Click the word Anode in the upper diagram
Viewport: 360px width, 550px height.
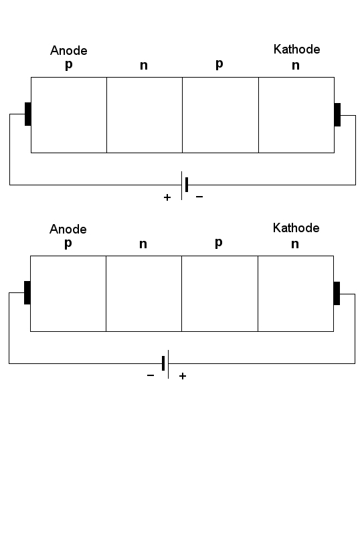click(69, 50)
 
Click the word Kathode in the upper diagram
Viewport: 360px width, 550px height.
click(297, 49)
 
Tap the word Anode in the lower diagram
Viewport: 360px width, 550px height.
click(68, 229)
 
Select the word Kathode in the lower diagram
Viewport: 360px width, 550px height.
click(296, 227)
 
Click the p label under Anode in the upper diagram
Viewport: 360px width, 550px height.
click(69, 65)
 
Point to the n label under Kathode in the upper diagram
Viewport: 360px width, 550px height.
click(296, 66)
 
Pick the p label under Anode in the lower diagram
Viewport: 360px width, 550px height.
click(68, 244)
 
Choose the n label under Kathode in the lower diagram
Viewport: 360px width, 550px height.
click(295, 244)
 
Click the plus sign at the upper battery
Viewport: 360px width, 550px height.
click(167, 197)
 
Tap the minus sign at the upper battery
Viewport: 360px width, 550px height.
click(199, 197)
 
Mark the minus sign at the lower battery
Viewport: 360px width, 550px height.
click(151, 375)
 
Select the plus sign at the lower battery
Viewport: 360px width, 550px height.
click(183, 376)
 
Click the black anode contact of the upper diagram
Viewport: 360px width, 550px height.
click(27, 114)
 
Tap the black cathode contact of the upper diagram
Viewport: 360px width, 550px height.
click(337, 114)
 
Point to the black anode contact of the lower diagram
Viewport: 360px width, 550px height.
click(27, 292)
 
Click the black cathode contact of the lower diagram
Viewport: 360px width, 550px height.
click(337, 293)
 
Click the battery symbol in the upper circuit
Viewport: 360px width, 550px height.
click(184, 185)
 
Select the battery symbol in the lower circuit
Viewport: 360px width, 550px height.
click(165, 364)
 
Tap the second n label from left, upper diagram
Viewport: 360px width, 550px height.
click(144, 66)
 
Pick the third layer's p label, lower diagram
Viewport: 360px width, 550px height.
click(219, 243)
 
